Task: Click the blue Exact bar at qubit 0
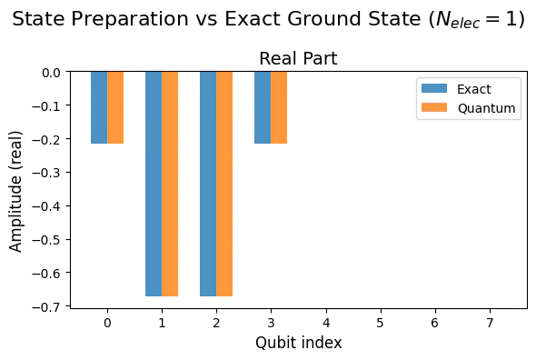99,107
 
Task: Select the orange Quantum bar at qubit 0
115,107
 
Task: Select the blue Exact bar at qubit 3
263,107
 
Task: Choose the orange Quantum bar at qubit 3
279,107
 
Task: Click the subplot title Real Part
298,59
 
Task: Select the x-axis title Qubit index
298,343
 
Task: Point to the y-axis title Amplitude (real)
16,189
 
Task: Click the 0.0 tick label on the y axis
51,72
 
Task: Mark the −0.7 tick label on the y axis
46,306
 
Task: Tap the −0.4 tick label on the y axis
46,206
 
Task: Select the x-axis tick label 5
380,323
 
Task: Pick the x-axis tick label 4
325,323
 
